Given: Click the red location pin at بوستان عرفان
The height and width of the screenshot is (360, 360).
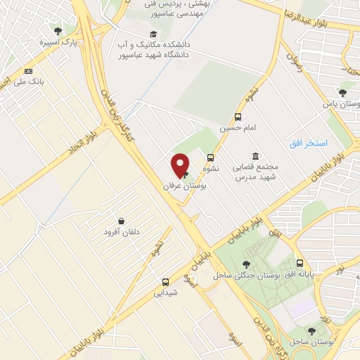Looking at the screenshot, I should [181, 165].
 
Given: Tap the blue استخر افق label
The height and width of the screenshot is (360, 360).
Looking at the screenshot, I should [309, 143].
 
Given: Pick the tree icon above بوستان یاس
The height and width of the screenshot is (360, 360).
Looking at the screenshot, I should [342, 92].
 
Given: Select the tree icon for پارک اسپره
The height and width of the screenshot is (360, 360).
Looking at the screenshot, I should [58, 31].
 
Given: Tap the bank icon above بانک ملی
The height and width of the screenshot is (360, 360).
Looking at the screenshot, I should [28, 71].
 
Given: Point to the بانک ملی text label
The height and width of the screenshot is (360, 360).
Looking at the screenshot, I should [32, 82].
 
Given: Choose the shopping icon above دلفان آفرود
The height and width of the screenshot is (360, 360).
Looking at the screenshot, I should [122, 221].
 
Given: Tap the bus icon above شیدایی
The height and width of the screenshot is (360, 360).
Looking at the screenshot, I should [165, 281].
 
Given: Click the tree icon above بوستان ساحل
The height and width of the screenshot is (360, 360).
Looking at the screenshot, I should [311, 330].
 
